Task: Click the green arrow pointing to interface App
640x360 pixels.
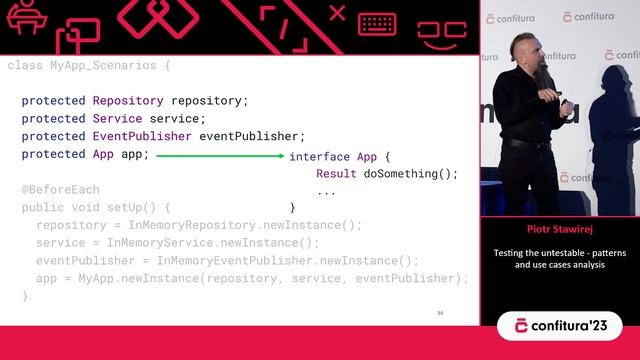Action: tap(220, 156)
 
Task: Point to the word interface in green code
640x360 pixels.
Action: tap(319, 156)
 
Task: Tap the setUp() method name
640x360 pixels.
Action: tap(133, 207)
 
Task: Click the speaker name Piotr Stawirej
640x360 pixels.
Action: tap(559, 228)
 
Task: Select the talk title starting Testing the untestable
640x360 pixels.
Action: tap(559, 259)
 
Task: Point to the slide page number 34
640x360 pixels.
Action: tap(439, 313)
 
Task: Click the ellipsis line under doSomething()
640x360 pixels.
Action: tap(326, 190)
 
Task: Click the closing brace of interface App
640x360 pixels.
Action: tap(293, 208)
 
